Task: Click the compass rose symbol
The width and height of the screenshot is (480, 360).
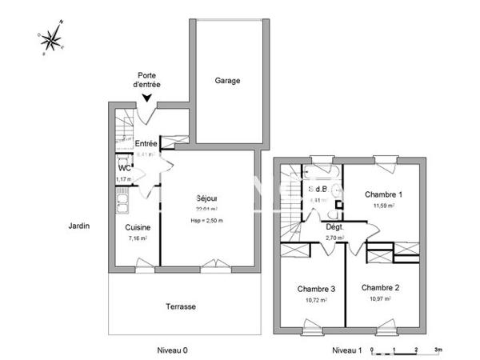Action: [x=53, y=38]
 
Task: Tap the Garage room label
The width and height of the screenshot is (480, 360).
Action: [x=227, y=81]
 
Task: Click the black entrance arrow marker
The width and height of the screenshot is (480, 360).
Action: [x=146, y=98]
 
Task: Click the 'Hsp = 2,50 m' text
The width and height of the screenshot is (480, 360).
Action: [x=207, y=221]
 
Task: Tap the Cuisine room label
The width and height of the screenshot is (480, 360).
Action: [x=137, y=226]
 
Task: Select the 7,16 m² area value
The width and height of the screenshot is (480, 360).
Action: [x=137, y=238]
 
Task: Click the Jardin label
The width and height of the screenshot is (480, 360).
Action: [x=78, y=226]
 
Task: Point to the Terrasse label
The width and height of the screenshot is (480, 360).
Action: [x=181, y=306]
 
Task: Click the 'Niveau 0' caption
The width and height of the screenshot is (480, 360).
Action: [x=172, y=350]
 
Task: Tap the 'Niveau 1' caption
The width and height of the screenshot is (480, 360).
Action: [x=347, y=350]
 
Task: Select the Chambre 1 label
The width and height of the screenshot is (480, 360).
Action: [x=384, y=194]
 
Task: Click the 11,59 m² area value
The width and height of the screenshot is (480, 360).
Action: [x=384, y=206]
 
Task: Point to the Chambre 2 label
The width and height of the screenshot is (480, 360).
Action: [x=380, y=287]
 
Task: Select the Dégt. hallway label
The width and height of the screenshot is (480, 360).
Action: [x=334, y=226]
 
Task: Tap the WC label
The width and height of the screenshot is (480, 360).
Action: [x=124, y=169]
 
